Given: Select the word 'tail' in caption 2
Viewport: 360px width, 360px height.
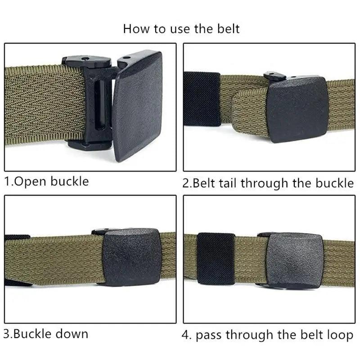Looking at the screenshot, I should click(x=228, y=183).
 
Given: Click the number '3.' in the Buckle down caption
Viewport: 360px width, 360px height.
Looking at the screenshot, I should click(x=9, y=334).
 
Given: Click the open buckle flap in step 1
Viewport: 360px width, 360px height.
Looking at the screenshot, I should click(x=137, y=106).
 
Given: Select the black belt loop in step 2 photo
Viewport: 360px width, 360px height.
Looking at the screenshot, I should click(x=201, y=99).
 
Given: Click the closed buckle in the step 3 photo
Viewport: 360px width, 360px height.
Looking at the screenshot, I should click(x=130, y=257).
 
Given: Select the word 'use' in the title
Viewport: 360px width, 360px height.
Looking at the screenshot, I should click(x=179, y=29).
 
